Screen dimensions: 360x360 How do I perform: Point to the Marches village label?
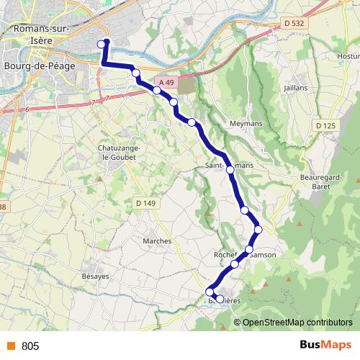tap(157, 240)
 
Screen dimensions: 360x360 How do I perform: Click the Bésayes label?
tap(95, 276)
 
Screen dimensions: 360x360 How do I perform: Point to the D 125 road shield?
tap(325, 126)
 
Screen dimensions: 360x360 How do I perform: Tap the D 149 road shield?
tap(145, 204)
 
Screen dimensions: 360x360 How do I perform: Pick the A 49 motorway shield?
tap(166, 84)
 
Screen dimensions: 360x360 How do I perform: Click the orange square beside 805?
tap(10, 346)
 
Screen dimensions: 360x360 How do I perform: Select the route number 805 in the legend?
tap(30, 346)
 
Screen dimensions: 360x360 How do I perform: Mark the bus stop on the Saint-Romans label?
tap(230, 170)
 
